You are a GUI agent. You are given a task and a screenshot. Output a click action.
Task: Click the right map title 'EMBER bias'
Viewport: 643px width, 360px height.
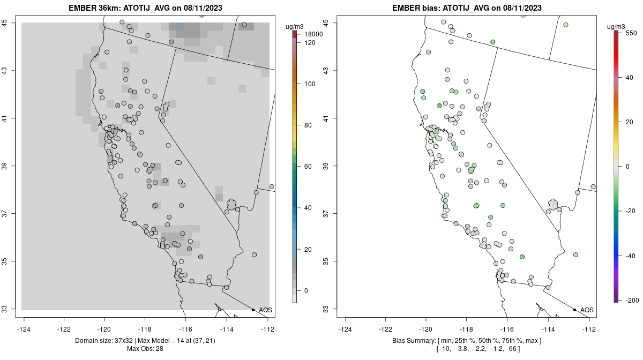[421, 8]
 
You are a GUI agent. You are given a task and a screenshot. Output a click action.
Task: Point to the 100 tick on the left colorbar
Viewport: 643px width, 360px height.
[309, 84]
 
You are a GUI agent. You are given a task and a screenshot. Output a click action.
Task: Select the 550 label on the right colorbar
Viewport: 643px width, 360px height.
[631, 33]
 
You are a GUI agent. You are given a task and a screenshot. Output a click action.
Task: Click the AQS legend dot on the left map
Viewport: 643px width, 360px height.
[253, 310]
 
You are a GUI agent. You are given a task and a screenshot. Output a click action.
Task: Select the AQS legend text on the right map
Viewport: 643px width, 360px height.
[587, 310]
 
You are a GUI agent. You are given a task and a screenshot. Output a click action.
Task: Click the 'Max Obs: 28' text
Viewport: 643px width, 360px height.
[145, 349]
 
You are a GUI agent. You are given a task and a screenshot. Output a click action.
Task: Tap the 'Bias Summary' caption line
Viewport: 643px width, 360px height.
[467, 341]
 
